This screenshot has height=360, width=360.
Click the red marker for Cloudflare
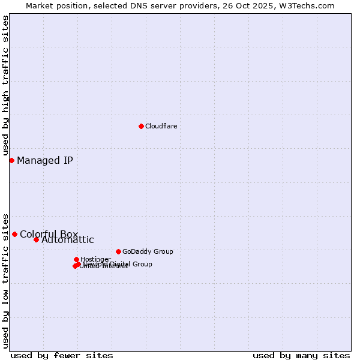[x=141, y=126]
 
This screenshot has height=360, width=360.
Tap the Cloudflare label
[x=161, y=126]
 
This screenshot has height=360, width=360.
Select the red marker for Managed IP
[x=11, y=160]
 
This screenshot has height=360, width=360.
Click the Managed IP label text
[x=45, y=160]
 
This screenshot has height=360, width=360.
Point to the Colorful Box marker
[x=14, y=234]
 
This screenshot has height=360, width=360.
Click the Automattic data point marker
[x=36, y=239]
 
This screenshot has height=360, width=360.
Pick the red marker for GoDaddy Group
[x=118, y=251]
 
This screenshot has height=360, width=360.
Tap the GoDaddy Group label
[x=148, y=251]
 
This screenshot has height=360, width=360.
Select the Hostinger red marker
[x=76, y=259]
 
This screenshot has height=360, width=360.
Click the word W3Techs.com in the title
[x=310, y=5]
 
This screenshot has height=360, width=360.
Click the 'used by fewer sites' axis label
[x=62, y=355]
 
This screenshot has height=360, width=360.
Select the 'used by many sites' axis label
[x=301, y=355]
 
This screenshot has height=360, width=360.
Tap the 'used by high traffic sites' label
[x=5, y=86]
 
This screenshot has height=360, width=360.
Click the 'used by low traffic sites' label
[x=5, y=280]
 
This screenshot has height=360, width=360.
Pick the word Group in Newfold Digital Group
[x=142, y=264]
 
